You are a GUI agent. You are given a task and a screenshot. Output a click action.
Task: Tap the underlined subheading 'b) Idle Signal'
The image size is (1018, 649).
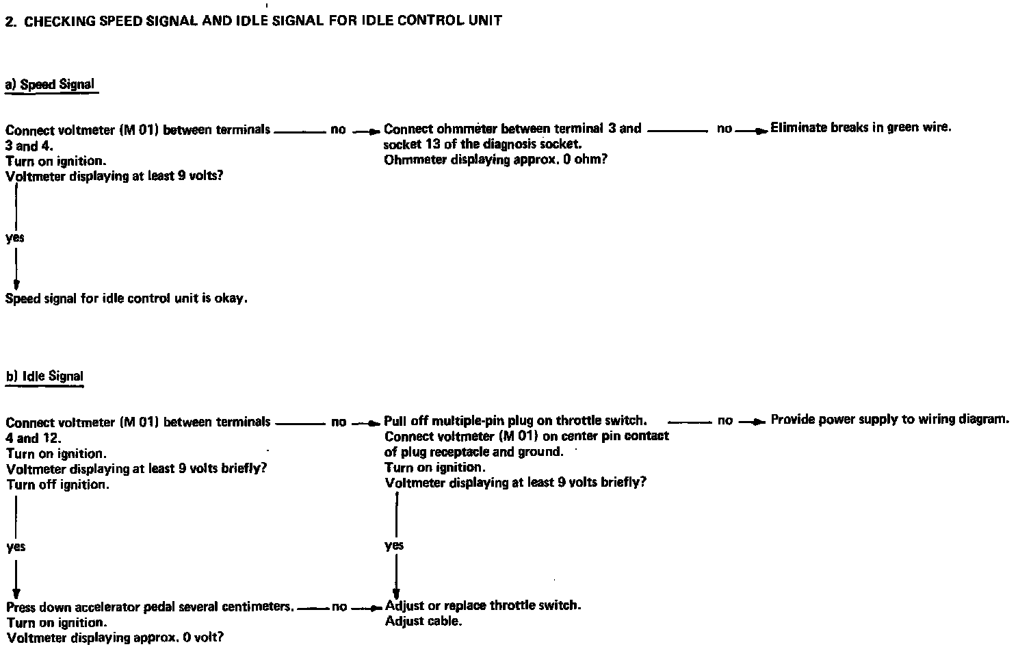point(44,377)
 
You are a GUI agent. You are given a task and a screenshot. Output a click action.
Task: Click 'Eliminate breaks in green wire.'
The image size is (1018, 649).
point(861,127)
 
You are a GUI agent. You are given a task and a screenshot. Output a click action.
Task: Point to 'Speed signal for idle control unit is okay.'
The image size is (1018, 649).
point(127,298)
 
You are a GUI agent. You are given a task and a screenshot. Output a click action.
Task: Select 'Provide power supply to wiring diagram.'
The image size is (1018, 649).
point(889,419)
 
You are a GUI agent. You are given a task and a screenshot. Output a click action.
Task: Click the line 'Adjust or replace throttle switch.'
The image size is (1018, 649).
point(483,606)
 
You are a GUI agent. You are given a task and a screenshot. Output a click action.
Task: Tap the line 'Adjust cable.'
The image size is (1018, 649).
point(423,622)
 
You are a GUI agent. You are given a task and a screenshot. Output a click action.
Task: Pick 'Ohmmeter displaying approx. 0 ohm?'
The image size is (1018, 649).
point(495,160)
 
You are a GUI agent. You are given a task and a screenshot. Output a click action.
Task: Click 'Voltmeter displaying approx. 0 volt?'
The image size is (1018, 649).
point(115,638)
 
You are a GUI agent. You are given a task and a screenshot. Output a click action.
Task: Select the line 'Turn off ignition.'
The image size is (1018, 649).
point(58,485)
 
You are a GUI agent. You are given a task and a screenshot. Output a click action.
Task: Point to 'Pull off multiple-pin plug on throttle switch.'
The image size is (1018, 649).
point(515,420)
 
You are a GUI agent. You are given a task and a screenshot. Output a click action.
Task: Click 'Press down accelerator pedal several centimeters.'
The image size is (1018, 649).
point(151,607)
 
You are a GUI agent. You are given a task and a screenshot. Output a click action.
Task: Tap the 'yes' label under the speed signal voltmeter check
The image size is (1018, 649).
point(15,238)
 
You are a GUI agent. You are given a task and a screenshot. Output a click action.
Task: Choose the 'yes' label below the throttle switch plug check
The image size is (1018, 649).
point(394,545)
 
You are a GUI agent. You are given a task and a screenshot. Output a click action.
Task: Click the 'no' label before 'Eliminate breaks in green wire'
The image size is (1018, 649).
point(725,128)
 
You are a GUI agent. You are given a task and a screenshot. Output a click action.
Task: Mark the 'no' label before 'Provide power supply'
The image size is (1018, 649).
point(725,420)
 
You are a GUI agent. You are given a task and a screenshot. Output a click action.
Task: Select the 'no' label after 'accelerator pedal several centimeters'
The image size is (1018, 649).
point(339,607)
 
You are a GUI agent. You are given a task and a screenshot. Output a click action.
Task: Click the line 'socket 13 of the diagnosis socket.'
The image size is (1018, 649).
point(482,144)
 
